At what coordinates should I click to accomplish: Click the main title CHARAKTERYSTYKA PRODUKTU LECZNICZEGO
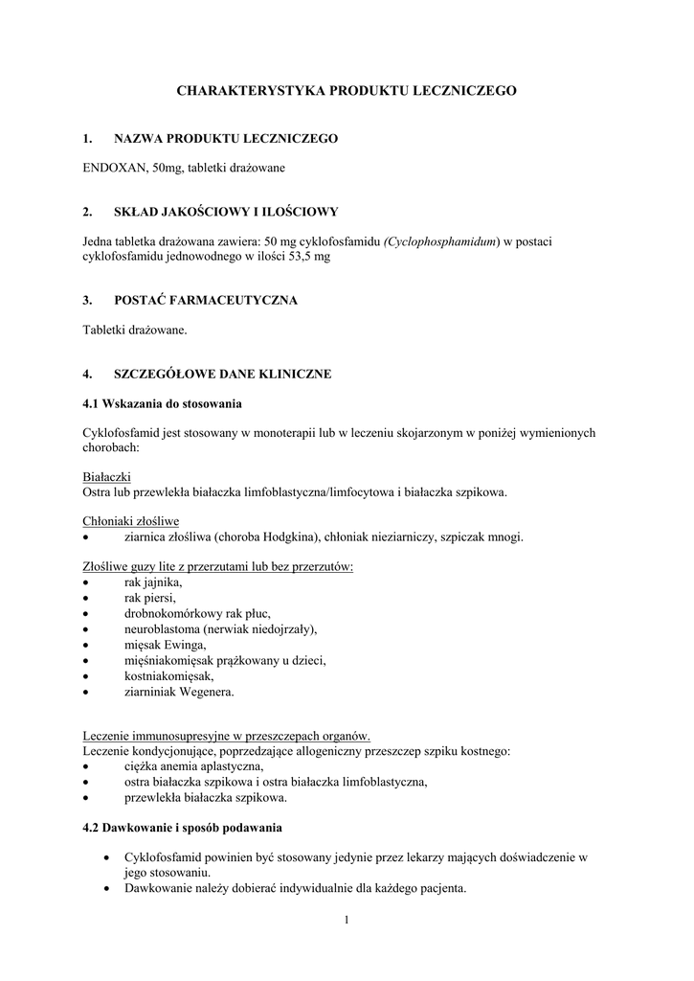coord(347,90)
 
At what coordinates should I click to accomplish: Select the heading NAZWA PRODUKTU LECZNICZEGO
coord(225,139)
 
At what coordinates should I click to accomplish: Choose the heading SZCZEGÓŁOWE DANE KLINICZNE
coord(222,374)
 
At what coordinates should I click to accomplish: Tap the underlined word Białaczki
coord(107,477)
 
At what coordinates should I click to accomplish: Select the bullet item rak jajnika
coord(152,582)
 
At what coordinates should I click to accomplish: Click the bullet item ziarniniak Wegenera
coord(178,691)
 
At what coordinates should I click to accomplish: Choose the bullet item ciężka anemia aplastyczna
coord(193,766)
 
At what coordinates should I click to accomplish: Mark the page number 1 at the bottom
coord(347,921)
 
